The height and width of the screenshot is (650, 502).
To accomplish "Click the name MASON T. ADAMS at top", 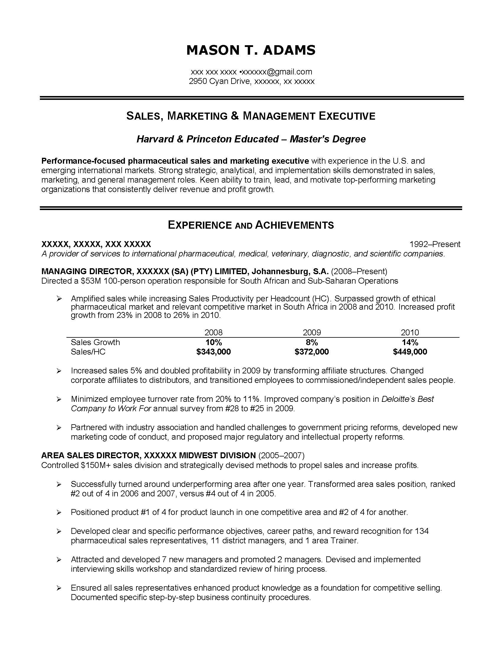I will click(x=251, y=50).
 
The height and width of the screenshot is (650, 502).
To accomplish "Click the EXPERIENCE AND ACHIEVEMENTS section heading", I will click(x=251, y=225).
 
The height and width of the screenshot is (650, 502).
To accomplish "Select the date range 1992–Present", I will click(x=435, y=244).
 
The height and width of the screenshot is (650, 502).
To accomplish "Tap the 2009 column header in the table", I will click(x=312, y=332).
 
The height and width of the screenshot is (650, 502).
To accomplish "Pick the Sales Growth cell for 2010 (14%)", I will click(x=410, y=342).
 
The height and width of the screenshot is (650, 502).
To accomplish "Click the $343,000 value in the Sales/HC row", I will click(x=213, y=352).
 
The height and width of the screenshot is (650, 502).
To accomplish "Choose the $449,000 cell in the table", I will click(x=410, y=352).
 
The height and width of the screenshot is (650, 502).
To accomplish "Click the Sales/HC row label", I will click(x=88, y=352).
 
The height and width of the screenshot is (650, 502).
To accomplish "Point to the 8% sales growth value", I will click(x=312, y=342).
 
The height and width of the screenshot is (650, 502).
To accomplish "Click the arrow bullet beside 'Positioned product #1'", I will click(x=59, y=513).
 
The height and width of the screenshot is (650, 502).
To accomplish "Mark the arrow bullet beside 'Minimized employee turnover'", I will click(x=59, y=399).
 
